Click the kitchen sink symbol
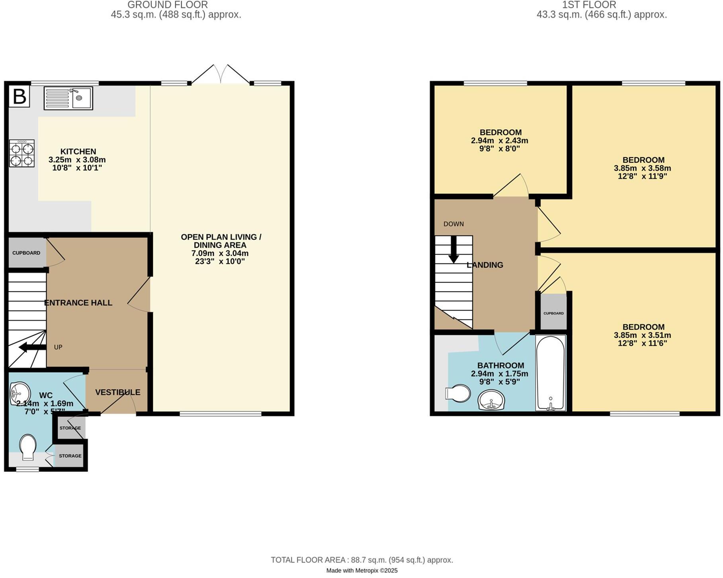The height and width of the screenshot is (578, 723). pyautogui.click(x=68, y=98)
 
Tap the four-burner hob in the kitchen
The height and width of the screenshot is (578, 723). pyautogui.click(x=21, y=153)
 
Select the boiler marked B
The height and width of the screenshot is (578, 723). pyautogui.click(x=20, y=97)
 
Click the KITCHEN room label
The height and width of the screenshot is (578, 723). pyautogui.click(x=78, y=152)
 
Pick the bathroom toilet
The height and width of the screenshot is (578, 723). pyautogui.click(x=458, y=393)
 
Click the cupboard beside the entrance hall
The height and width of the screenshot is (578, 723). pyautogui.click(x=26, y=253)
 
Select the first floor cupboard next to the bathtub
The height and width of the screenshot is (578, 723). pyautogui.click(x=553, y=313)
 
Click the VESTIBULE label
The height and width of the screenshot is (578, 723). pyautogui.click(x=118, y=392)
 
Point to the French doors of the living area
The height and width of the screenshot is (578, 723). pyautogui.click(x=221, y=75)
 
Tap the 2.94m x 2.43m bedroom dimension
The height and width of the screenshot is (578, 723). pyautogui.click(x=499, y=140)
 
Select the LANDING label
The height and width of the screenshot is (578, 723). pyautogui.click(x=485, y=265)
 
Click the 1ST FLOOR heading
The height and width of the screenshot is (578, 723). pyautogui.click(x=589, y=5)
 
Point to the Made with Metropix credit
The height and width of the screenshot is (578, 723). pyautogui.click(x=361, y=570)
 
